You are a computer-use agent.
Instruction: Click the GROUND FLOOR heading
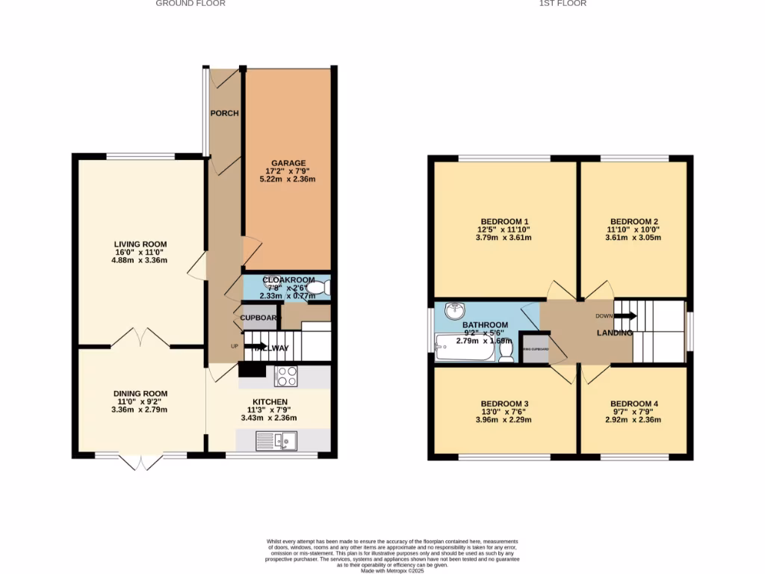tap(191, 4)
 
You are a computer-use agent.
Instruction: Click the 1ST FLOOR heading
tap(562, 4)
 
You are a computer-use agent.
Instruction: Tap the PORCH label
tap(224, 114)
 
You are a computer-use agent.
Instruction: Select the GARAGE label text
tap(288, 163)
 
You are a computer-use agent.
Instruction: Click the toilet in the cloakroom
tap(318, 286)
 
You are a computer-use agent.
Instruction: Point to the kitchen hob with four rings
tap(286, 377)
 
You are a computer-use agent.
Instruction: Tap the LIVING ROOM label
tap(140, 244)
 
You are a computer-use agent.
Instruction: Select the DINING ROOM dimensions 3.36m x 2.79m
tap(140, 409)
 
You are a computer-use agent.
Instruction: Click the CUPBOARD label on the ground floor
tap(258, 318)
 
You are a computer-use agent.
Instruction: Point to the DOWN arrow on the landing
tap(625, 315)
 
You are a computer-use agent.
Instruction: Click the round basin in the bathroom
tap(453, 311)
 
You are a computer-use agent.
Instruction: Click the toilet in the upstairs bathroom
tap(506, 350)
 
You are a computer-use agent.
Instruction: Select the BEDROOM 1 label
tap(504, 222)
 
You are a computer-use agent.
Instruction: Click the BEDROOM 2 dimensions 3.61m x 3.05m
tap(634, 238)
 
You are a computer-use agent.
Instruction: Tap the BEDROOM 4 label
tap(634, 404)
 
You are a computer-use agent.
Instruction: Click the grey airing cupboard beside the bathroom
tap(535, 349)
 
